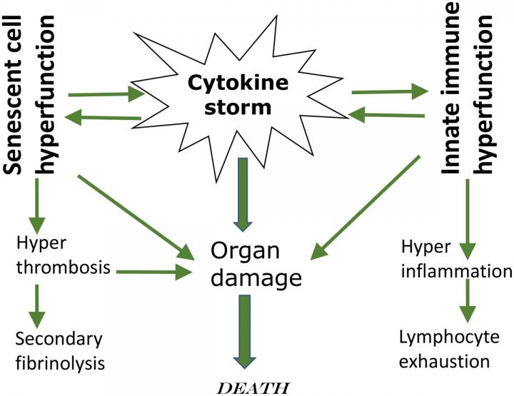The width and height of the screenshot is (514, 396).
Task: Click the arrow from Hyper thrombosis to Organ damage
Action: (x=153, y=271)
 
